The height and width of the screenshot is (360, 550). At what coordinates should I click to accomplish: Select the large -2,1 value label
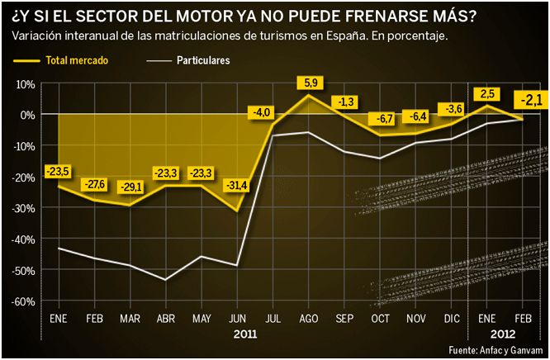(530, 101)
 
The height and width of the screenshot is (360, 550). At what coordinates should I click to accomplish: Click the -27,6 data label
(95, 182)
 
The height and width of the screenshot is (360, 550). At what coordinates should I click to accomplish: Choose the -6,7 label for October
(382, 118)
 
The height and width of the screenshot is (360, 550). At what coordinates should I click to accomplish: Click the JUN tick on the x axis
(236, 317)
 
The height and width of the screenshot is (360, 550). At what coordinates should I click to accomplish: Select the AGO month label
(308, 317)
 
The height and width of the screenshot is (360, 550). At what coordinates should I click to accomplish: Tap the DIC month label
(451, 317)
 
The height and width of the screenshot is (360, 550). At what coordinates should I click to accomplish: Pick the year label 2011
(245, 335)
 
